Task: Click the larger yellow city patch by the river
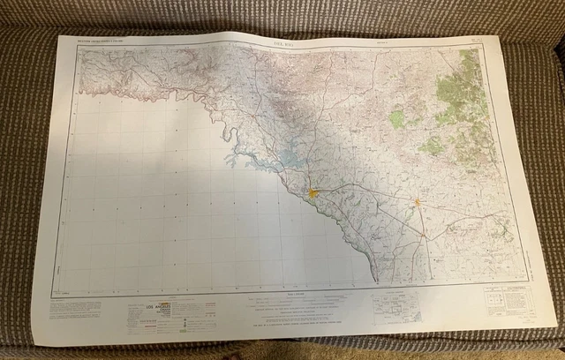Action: [x=313, y=191]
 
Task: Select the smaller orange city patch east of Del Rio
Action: [x=418, y=203]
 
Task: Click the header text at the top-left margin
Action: [x=102, y=40]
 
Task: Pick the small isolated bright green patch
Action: [x=397, y=117]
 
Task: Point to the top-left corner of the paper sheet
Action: [x=60, y=35]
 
